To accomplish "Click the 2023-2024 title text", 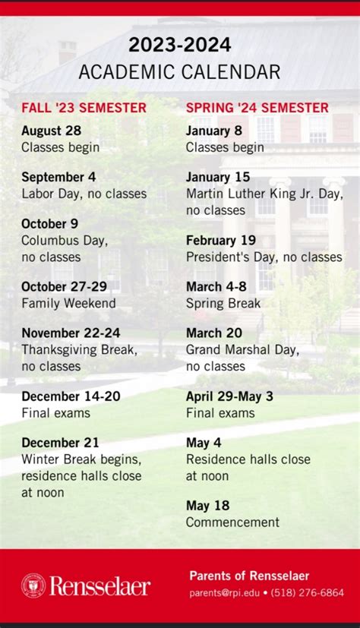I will tap(179, 46).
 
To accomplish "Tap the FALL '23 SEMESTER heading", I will tap(84, 108).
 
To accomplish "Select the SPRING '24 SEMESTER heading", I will tap(257, 108).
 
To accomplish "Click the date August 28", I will tap(51, 131).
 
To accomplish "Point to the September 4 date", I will tap(58, 177).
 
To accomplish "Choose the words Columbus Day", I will tap(65, 241).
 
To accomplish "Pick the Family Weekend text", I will tap(68, 303).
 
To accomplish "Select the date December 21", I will tap(60, 443).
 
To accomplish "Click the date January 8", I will tap(214, 131).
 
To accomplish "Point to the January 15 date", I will tap(218, 177).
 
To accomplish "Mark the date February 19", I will tap(221, 241).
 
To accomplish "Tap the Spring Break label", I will tap(223, 303).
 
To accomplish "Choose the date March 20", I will tap(213, 333).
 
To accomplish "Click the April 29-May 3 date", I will tap(229, 396).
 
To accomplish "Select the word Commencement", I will tap(232, 522).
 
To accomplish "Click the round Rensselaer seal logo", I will tap(33, 585).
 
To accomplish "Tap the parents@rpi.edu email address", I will tap(223, 592).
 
